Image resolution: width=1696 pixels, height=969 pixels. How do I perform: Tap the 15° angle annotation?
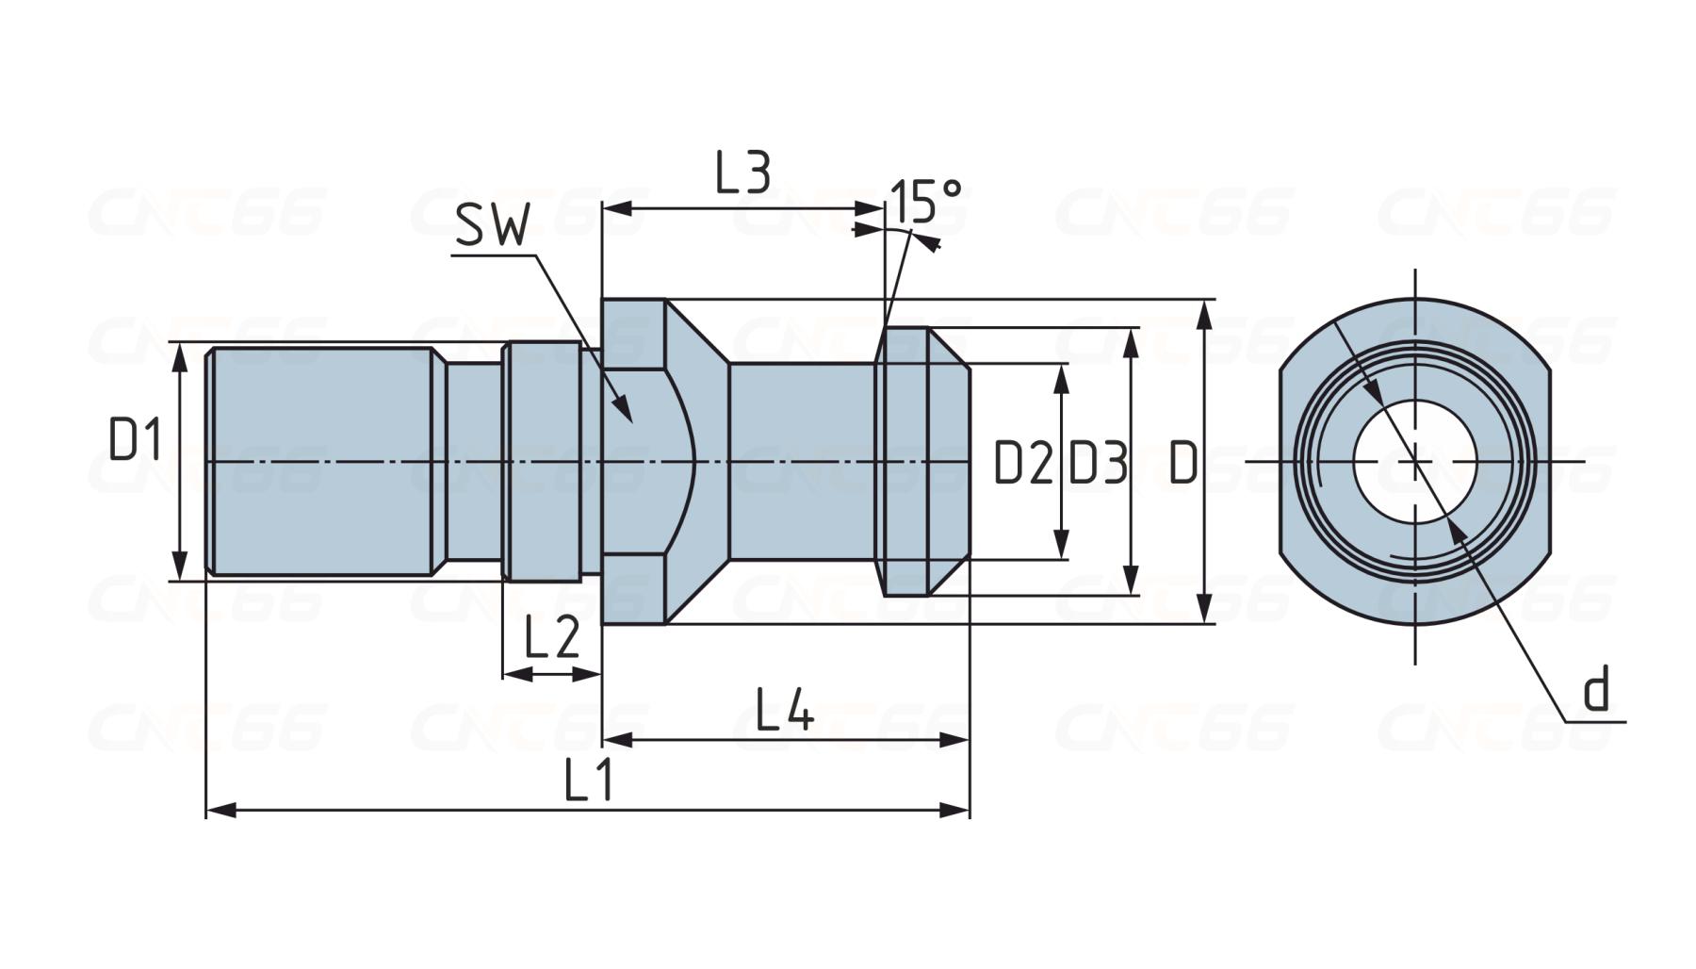tap(926, 201)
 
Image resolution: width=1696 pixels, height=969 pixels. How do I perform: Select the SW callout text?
tap(493, 225)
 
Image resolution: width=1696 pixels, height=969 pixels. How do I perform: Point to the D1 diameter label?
tap(137, 440)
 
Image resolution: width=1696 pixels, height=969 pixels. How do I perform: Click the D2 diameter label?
tap(1023, 463)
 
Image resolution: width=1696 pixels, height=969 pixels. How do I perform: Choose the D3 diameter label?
tap(1098, 463)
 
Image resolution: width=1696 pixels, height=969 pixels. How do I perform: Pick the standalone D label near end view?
tap(1182, 463)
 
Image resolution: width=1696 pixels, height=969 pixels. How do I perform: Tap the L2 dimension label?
tap(551, 639)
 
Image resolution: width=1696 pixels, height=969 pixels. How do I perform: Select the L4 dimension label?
tap(785, 711)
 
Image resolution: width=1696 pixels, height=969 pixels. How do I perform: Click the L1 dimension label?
tap(589, 780)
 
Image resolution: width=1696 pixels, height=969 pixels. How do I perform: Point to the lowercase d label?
tap(1596, 690)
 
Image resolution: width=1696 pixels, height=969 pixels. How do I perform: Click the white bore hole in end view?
tap(1415, 461)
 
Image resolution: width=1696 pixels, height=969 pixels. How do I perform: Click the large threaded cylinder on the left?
tap(320, 461)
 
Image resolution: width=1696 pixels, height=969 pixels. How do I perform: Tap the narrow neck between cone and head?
tap(801, 461)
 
